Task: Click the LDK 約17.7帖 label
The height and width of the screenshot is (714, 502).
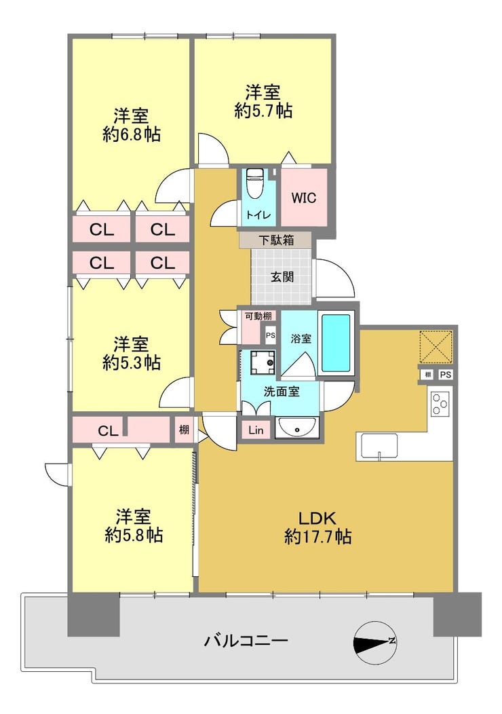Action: (317, 528)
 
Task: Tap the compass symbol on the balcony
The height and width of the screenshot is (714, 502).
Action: (374, 642)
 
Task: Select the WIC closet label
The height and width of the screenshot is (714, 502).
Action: (303, 198)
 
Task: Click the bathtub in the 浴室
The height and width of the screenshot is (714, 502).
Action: (336, 343)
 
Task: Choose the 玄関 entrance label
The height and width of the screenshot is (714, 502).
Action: (282, 277)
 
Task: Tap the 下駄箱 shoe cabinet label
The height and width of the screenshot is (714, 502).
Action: (276, 240)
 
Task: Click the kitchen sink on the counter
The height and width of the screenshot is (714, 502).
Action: (379, 445)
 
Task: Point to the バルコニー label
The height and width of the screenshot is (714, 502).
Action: (246, 641)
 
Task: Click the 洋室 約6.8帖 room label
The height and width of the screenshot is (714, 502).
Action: (131, 126)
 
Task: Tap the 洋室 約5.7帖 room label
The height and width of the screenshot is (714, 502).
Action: (263, 102)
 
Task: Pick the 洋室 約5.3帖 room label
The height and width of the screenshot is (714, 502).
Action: (131, 354)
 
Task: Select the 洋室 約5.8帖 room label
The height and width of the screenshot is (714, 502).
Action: (134, 526)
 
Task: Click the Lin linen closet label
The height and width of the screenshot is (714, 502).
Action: (256, 430)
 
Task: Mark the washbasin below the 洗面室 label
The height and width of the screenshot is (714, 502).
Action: (296, 428)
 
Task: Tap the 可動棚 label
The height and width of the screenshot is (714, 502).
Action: (258, 316)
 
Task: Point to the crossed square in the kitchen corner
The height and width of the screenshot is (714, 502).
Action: (436, 347)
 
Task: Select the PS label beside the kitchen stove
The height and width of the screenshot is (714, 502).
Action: (446, 375)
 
